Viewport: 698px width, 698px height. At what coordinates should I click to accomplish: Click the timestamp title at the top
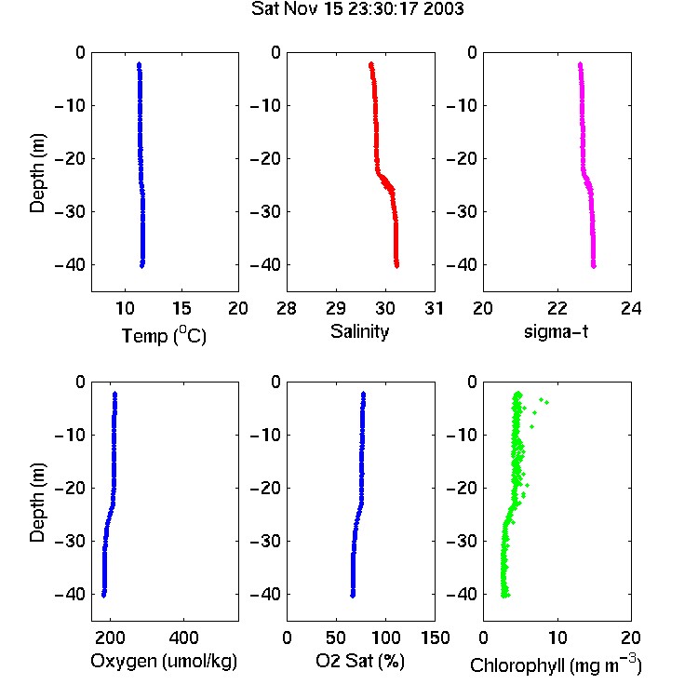tap(357, 8)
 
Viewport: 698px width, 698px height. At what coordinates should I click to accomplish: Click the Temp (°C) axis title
tap(164, 335)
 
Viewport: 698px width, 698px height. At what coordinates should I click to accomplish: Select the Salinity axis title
tap(359, 331)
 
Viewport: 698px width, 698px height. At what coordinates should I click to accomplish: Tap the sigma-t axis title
tap(556, 331)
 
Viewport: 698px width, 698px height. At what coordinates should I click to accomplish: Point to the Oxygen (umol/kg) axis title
tap(164, 661)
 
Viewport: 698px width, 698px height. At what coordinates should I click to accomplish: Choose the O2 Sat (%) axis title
tap(360, 661)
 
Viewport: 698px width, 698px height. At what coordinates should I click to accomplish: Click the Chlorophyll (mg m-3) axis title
tap(556, 664)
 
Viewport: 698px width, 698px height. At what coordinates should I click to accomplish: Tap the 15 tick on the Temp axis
tap(181, 308)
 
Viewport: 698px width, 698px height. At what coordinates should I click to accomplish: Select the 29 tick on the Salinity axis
tap(336, 308)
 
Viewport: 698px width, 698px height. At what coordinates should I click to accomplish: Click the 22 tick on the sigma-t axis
tap(557, 308)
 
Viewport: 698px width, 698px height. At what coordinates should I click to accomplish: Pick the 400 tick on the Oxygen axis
tap(184, 638)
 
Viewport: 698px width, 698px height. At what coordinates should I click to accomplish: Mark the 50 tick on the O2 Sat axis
tap(336, 638)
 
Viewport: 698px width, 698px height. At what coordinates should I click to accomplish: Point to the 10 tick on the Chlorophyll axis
tap(557, 638)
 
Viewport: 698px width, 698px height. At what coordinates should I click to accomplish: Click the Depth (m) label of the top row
tap(37, 173)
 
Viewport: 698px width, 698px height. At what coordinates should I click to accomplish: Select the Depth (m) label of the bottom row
tap(37, 503)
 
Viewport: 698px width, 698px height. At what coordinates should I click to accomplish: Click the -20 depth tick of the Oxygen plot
tap(71, 488)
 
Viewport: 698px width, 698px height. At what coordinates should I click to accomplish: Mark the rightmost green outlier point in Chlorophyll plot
tap(546, 402)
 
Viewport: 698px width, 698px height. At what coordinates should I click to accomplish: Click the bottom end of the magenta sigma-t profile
tap(594, 266)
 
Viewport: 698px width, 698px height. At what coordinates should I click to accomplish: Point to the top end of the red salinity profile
tap(370, 64)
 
